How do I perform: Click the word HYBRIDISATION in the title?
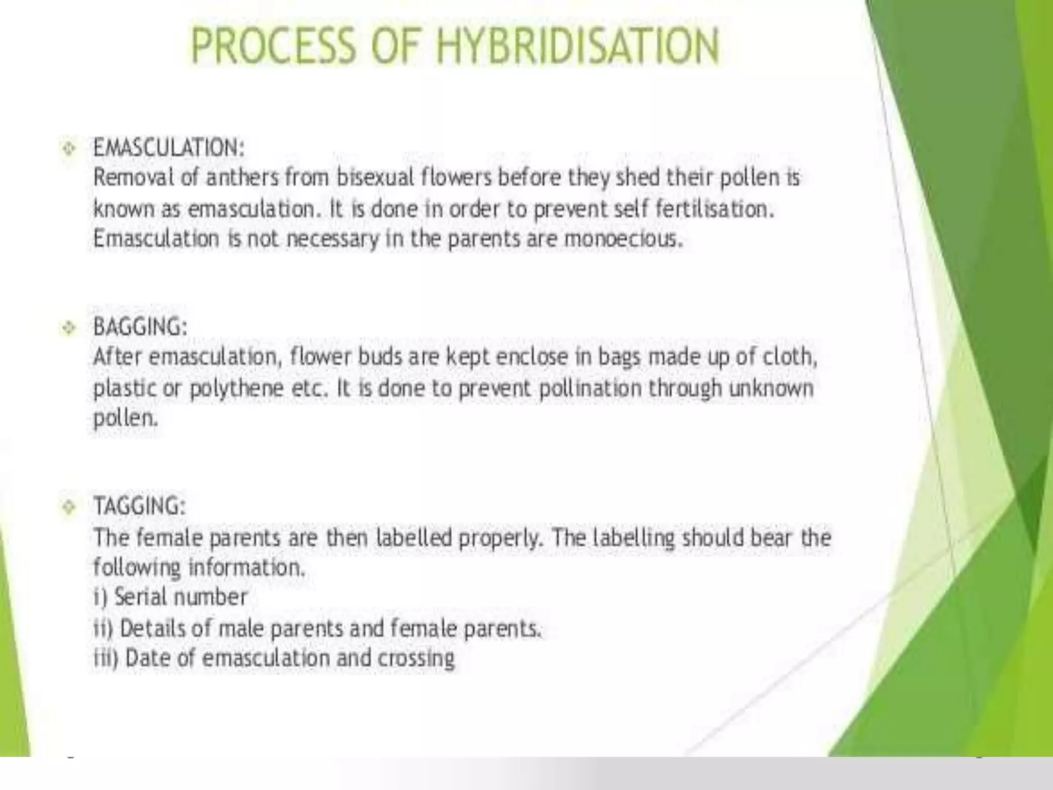tap(577, 46)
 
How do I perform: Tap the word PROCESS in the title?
tap(273, 46)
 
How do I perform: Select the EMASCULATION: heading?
tap(169, 148)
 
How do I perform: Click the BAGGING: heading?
tap(140, 327)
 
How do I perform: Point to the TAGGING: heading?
tap(139, 506)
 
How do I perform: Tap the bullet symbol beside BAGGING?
tap(68, 328)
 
